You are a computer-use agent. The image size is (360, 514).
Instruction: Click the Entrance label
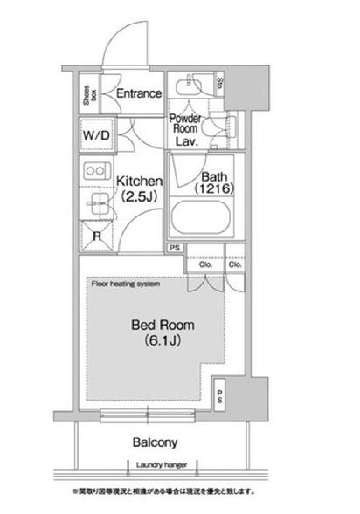coord(138,93)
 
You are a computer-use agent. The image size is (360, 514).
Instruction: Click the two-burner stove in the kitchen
coord(94,170)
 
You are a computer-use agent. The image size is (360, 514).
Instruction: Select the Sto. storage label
coord(221,85)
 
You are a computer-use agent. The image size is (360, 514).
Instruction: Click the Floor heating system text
coord(123,284)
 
